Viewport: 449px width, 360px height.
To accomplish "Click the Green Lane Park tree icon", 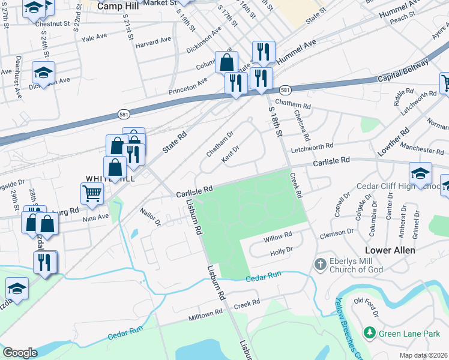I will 369,332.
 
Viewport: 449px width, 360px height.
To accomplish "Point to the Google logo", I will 20,353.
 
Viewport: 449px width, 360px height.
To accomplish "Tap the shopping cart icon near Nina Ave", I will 92,193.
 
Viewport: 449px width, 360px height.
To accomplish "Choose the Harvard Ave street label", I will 153,42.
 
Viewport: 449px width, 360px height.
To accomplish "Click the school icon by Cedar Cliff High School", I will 420,173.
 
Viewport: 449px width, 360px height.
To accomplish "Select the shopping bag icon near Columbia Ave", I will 226,62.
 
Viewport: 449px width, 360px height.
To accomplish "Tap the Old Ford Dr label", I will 367,306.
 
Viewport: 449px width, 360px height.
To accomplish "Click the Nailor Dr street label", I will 150,217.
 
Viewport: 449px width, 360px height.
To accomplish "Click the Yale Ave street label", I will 94,37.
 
